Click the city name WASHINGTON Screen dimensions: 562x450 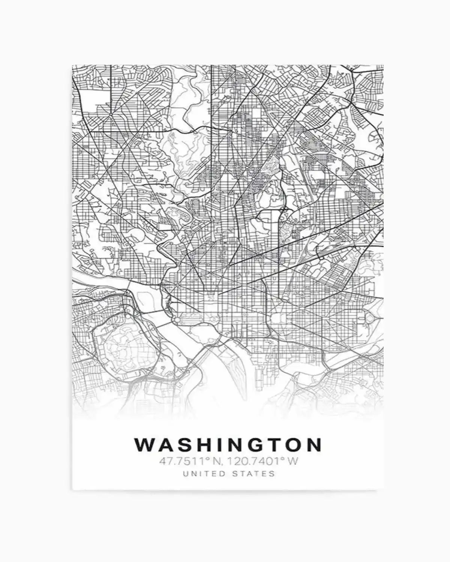pos(228,445)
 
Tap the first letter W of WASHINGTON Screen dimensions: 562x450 pos(143,445)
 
